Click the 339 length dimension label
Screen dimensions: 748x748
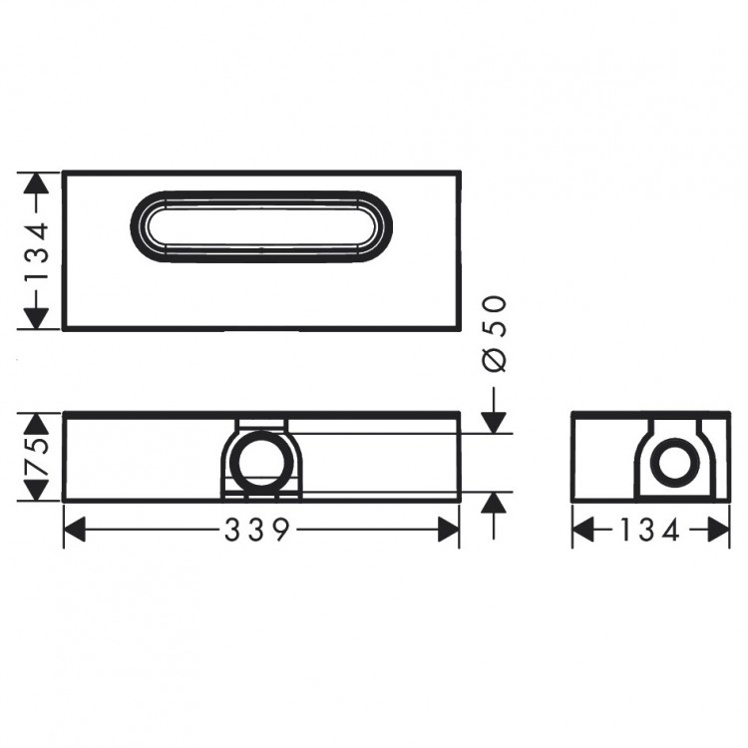pyautogui.click(x=261, y=531)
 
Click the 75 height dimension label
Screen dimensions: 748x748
pyautogui.click(x=36, y=458)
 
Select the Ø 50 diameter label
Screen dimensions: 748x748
pyautogui.click(x=494, y=334)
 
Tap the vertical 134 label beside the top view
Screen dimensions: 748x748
pyautogui.click(x=36, y=250)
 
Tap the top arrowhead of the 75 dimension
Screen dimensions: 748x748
pyautogui.click(x=36, y=423)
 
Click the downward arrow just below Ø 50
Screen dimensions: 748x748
pyautogui.click(x=494, y=423)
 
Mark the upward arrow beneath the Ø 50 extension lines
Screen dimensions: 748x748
pyautogui.click(x=494, y=504)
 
